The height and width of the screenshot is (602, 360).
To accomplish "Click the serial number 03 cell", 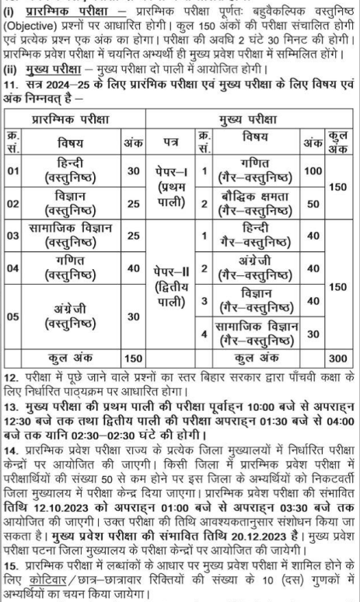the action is tap(16, 234).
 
